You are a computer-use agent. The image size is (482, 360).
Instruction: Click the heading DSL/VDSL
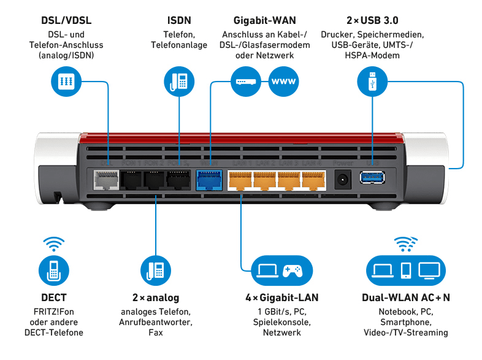pyautogui.click(x=66, y=20)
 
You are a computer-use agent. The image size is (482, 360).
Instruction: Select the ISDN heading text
pyautogui.click(x=178, y=20)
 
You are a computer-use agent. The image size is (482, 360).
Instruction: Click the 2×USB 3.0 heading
pyautogui.click(x=372, y=20)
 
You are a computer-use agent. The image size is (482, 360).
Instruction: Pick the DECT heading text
pyautogui.click(x=53, y=298)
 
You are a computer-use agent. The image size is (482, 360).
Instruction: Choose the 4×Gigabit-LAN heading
pyautogui.click(x=281, y=298)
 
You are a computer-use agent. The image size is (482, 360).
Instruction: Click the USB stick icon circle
pyautogui.click(x=372, y=82)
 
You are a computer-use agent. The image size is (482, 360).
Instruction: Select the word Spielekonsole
pyautogui.click(x=281, y=322)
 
